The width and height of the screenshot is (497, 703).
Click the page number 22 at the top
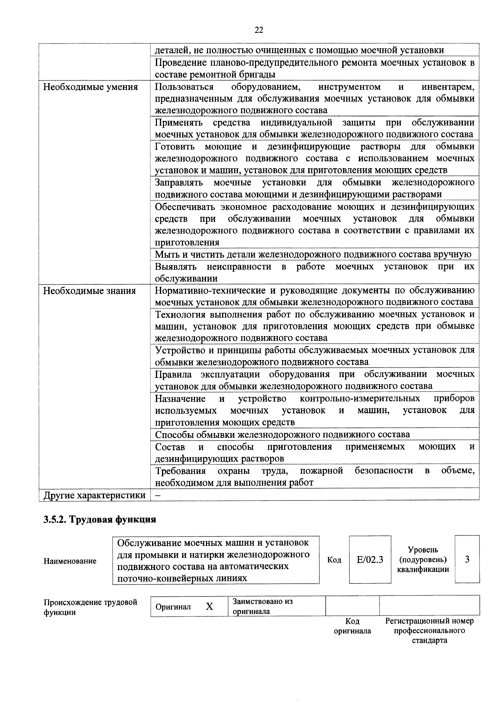coord(259,30)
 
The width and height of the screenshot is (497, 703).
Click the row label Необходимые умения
coord(90,87)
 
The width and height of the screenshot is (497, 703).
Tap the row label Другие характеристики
coord(94,495)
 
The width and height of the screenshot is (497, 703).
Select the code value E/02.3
coord(370,560)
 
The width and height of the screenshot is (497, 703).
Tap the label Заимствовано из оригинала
coord(263,606)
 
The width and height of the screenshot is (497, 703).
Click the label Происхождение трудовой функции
coord(90,607)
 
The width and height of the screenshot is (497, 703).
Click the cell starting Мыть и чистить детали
coord(313,255)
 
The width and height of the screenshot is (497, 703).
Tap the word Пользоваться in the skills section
coord(184,87)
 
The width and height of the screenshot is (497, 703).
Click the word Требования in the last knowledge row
coord(180,471)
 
